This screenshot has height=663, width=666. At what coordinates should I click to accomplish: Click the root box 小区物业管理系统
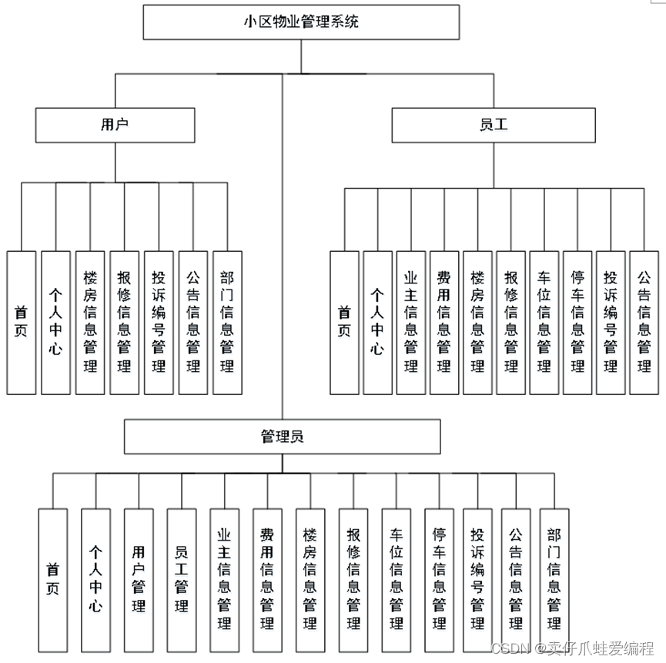click(x=301, y=22)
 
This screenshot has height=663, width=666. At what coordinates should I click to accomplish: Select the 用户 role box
click(x=115, y=125)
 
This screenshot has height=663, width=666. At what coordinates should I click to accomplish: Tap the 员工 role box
click(x=494, y=125)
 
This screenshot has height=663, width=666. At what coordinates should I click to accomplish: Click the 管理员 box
click(x=283, y=437)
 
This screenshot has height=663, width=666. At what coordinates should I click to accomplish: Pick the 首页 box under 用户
click(x=22, y=322)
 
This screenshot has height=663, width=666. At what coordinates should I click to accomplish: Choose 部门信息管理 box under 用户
click(x=227, y=322)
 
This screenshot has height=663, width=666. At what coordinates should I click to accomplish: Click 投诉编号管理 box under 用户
click(x=159, y=322)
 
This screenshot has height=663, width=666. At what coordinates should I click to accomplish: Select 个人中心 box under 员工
click(x=377, y=322)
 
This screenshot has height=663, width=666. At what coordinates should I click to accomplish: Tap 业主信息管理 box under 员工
click(x=410, y=322)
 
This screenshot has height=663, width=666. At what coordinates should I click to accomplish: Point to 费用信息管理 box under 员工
click(x=443, y=322)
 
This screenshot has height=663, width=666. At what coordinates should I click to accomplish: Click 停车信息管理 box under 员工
click(x=577, y=322)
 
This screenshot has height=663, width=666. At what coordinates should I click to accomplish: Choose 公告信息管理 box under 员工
click(x=644, y=322)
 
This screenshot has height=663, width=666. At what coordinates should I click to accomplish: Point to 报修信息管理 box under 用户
click(x=124, y=322)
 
